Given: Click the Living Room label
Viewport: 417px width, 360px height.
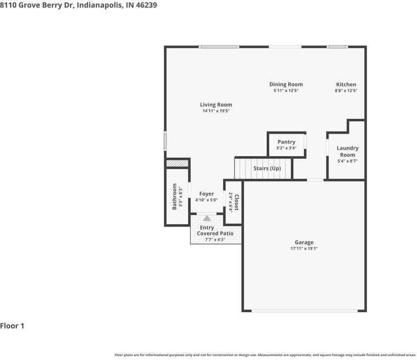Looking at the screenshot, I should pos(215,104).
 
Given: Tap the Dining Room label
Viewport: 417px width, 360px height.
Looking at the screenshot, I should pos(286,85).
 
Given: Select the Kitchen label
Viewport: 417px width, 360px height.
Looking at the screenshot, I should pos(346,85).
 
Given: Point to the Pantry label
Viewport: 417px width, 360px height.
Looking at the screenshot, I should pos(286,142).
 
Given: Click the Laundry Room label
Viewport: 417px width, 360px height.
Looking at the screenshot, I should pos(347,151).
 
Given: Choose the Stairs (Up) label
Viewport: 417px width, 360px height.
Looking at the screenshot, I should pos(267,168).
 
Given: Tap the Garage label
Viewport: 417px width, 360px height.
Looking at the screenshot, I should pos(304,242).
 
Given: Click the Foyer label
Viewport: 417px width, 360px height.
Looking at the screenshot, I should pos(207,194).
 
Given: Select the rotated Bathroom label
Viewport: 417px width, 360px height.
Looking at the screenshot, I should pos(175,196).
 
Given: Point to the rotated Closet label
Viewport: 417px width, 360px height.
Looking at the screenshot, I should pos(236,201).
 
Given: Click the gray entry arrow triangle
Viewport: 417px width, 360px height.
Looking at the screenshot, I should pos(207,218).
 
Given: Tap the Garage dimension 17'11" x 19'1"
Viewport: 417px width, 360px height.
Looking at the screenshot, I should pos(304,248).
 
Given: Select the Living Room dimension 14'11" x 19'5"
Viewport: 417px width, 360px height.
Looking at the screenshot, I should pos(215,111).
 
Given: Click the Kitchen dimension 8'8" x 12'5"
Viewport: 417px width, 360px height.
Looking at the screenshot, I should pos(346,91).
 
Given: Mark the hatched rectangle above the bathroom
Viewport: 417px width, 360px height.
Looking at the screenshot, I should pos(177,163).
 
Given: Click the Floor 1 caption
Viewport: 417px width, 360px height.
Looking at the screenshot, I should pos(12,326).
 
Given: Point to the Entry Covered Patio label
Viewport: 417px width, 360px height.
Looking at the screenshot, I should pos(215,231).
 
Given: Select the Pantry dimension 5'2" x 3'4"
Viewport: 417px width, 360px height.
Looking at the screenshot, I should pos(286,148).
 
